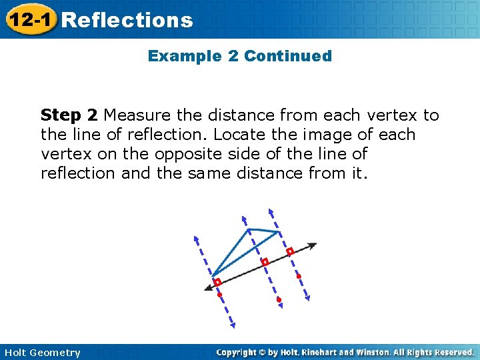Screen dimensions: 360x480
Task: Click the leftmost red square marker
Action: tap(217, 282)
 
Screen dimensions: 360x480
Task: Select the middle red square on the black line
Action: tap(265, 262)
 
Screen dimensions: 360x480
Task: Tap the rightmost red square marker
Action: tap(289, 252)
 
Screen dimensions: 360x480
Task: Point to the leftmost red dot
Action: tap(219, 294)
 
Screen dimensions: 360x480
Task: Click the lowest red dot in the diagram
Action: tap(279, 299)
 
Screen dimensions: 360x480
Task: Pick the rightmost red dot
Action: tap(299, 276)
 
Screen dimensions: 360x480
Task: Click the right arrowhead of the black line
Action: tap(313, 245)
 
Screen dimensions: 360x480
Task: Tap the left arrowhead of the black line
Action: tap(208, 287)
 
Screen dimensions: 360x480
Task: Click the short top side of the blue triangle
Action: tap(263, 231)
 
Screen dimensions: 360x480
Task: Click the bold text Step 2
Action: tap(69, 115)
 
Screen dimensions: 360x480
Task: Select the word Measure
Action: tap(141, 115)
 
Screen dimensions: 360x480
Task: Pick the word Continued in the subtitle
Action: tap(287, 56)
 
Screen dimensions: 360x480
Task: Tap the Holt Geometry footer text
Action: tap(42, 353)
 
